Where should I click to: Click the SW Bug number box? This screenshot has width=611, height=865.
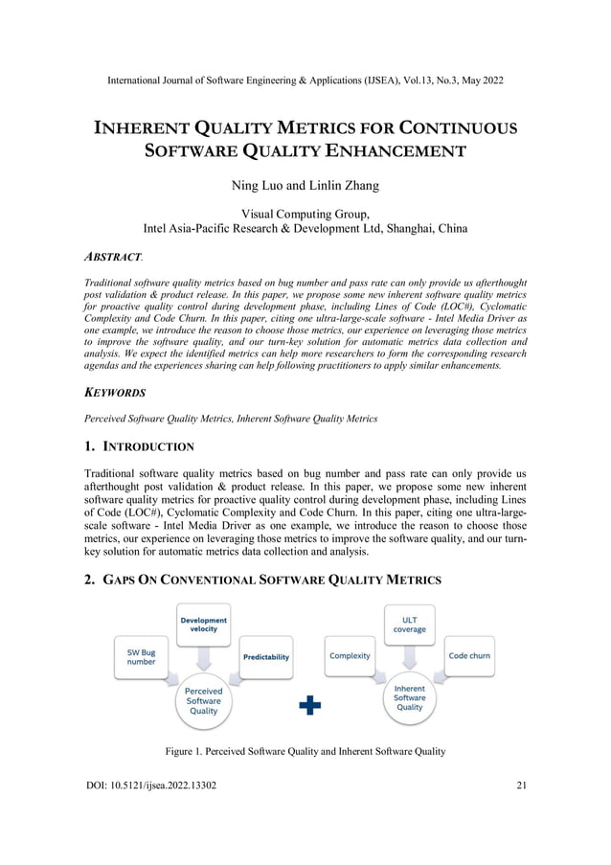[142, 656]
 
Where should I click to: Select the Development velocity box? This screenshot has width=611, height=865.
[203, 625]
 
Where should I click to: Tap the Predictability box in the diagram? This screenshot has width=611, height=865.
[265, 656]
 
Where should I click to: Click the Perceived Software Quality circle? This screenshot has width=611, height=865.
[203, 700]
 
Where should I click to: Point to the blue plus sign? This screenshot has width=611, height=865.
[310, 706]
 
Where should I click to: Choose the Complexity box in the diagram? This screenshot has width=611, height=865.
[351, 656]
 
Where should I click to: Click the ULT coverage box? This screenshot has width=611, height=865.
[410, 625]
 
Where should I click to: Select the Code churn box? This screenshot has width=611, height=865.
[469, 656]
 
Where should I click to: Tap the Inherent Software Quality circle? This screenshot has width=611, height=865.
[410, 697]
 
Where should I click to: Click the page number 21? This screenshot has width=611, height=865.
[521, 786]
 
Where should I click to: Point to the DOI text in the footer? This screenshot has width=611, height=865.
[150, 786]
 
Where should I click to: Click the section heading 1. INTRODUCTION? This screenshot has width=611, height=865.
[139, 446]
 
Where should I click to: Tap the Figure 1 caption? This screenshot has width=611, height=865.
[305, 751]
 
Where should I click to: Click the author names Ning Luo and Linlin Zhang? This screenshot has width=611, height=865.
[305, 185]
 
